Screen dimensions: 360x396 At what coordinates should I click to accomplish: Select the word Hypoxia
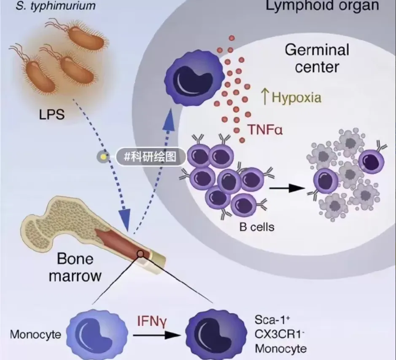tap(296, 97)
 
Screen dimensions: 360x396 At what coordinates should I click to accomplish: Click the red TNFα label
tap(264, 129)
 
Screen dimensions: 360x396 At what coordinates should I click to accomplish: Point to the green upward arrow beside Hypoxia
tap(265, 97)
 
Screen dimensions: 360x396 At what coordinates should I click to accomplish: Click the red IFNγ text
tap(152, 320)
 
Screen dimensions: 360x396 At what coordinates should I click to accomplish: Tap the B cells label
tap(257, 227)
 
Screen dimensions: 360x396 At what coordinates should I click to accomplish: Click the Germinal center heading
tap(317, 58)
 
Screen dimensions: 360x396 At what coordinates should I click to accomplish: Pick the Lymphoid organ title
tap(321, 6)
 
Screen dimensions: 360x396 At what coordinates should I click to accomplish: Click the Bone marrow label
tap(75, 267)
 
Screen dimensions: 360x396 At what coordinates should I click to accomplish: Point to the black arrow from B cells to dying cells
tap(287, 188)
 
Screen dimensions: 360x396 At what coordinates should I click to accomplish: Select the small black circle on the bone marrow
tap(140, 254)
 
